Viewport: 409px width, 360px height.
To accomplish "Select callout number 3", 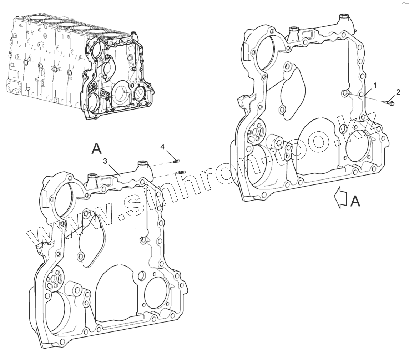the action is click(x=105, y=161).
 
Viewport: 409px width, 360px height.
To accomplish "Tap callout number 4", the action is click(x=162, y=147).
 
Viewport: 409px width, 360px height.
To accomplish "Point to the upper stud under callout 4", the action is click(x=176, y=162).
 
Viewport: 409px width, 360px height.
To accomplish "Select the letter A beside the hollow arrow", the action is click(x=355, y=202).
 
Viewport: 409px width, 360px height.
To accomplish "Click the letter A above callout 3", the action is click(x=96, y=148).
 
